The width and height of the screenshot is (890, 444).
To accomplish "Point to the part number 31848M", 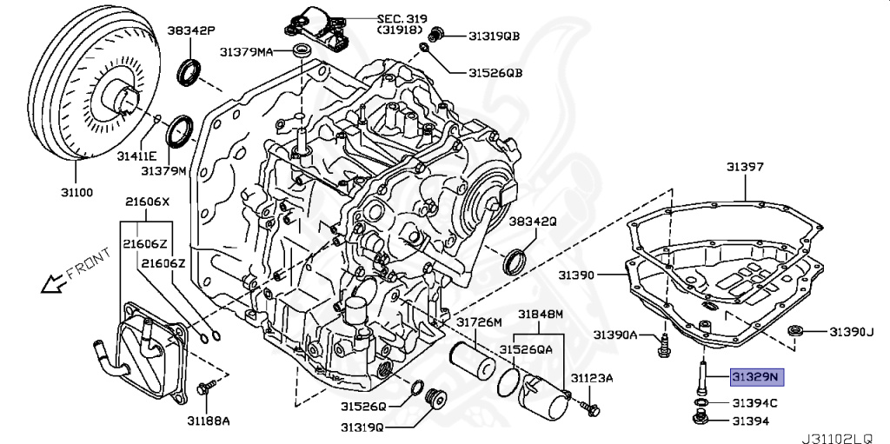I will coord(541,314).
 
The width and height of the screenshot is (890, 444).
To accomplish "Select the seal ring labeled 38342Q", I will coord(516,259).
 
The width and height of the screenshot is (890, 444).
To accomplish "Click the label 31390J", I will coord(850,331).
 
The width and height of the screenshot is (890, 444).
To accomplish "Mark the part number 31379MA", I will coord(244,52).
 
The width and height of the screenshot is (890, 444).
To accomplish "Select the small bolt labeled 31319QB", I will coord(439,34).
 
